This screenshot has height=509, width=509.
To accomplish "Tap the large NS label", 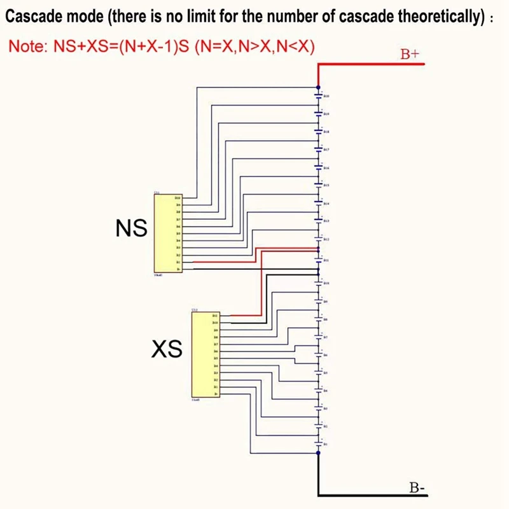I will (x=132, y=228).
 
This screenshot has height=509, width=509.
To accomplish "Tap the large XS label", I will (x=167, y=348).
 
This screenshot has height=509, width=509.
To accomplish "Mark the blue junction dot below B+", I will (x=318, y=87).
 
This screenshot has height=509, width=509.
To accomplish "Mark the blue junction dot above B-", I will (x=318, y=452).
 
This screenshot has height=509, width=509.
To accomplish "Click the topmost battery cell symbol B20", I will (x=319, y=96).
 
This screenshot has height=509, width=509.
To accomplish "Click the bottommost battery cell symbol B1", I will (x=319, y=443).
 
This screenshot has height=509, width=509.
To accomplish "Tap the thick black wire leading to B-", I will (x=369, y=494).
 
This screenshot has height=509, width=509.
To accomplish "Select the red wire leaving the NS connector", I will (x=223, y=261).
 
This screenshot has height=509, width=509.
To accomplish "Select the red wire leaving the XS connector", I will (x=245, y=315).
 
